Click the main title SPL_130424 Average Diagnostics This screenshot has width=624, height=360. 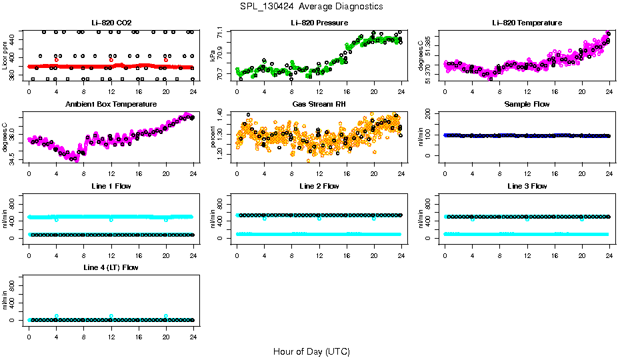click(312, 6)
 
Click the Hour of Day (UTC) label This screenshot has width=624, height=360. click(311, 351)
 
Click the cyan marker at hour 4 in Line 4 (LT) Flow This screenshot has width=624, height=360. click(57, 316)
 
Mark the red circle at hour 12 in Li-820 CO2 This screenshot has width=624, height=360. click(111, 60)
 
